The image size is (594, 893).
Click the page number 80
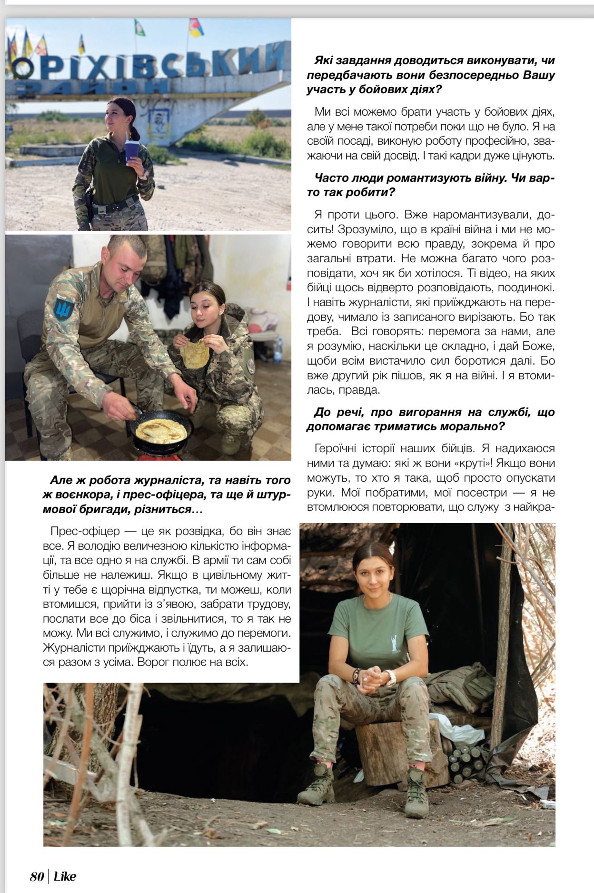pos(37,876)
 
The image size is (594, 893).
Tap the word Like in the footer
pos(65,876)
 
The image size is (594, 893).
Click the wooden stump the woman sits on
pos(381,757)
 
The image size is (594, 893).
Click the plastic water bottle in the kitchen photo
pos(278,351)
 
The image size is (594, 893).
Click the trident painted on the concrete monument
pos(159,121)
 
